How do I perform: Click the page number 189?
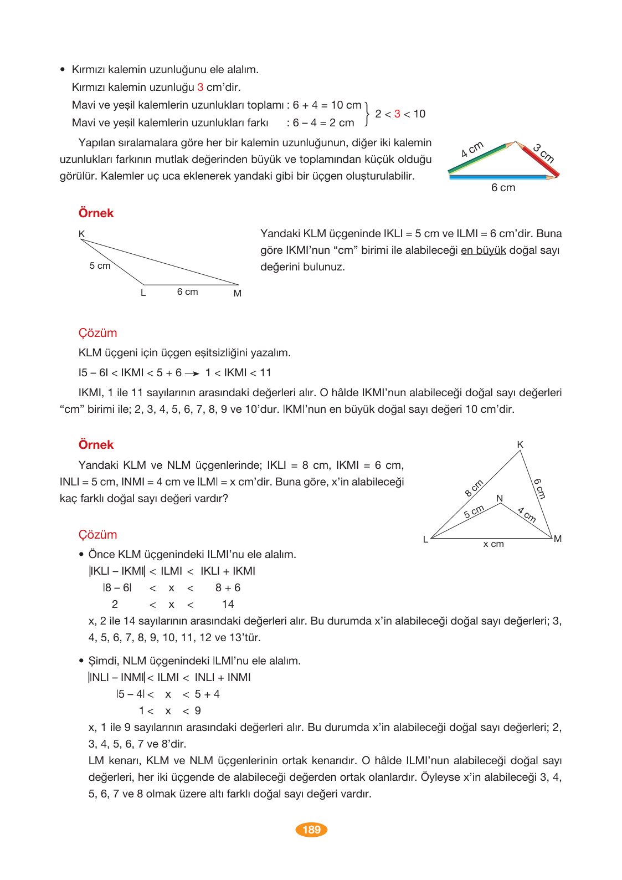(311, 830)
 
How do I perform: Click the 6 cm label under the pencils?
(503, 188)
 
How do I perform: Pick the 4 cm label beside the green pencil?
(472, 149)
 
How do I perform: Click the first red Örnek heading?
(96, 213)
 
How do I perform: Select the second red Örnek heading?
(96, 445)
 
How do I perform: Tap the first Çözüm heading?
(97, 333)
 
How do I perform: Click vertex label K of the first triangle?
(81, 234)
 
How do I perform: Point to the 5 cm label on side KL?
(100, 266)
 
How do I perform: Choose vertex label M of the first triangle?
(238, 293)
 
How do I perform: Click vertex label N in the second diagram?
(500, 498)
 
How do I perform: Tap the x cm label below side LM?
(494, 544)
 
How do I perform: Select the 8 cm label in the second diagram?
(474, 488)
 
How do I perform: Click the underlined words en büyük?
(483, 250)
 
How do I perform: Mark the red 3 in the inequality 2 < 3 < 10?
(397, 114)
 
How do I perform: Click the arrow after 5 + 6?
(192, 374)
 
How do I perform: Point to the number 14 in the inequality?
(228, 605)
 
